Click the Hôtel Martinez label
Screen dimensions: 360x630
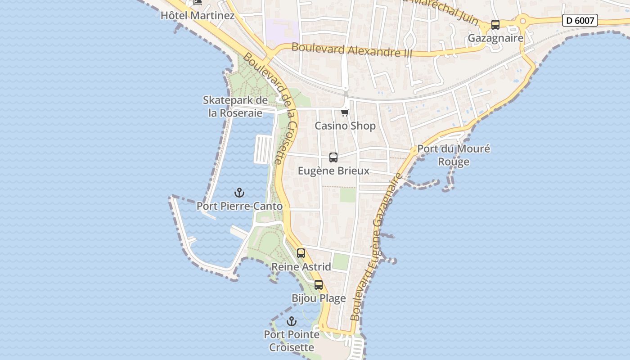coord(198,15)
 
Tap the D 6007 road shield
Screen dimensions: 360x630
coord(580,20)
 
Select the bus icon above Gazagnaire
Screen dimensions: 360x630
coord(495,25)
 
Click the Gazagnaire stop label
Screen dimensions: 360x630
coord(495,38)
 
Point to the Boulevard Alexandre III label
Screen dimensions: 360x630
coord(351,49)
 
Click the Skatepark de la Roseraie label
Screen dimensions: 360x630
coord(235,107)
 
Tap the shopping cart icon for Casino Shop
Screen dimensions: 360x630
coord(345,112)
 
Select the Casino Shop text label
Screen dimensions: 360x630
coord(345,126)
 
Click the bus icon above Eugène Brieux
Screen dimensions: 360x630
coord(333,157)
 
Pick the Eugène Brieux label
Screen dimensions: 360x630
coord(333,171)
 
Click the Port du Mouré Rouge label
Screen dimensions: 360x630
coord(454,155)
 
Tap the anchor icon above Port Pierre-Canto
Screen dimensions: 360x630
coord(239,193)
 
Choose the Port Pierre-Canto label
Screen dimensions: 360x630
coord(239,206)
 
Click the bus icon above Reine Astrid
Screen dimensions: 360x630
coord(301,253)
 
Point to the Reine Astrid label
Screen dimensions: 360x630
coord(301,266)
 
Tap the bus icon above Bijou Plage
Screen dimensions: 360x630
coord(319,285)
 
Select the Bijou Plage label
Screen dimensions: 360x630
coord(319,298)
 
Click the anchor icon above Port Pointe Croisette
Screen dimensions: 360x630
coord(292,321)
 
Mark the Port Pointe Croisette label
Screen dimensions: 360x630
coord(292,341)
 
